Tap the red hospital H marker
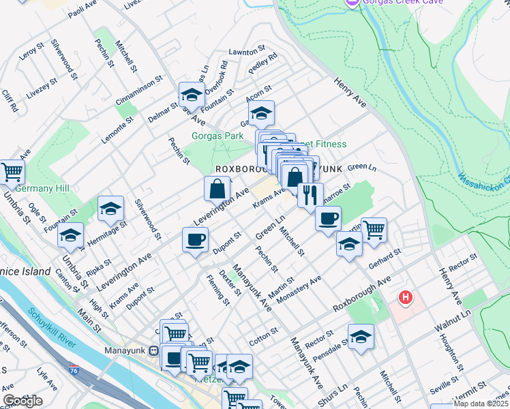[406, 298]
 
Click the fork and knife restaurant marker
[310, 194]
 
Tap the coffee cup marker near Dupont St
[195, 239]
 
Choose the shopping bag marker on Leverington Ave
[217, 188]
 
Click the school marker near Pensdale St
[361, 335]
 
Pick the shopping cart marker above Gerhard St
[374, 229]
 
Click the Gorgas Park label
[217, 136]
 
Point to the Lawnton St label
[246, 52]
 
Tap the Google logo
[22, 401]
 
